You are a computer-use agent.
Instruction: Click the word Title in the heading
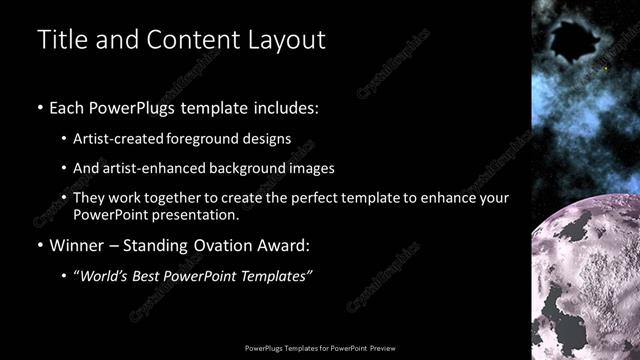(x=59, y=40)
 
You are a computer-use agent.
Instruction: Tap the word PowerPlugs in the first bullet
(x=136, y=107)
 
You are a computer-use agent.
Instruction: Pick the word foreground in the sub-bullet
(x=204, y=138)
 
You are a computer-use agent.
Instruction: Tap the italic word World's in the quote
(x=106, y=275)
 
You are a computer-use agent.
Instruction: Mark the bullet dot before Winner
(x=40, y=246)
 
